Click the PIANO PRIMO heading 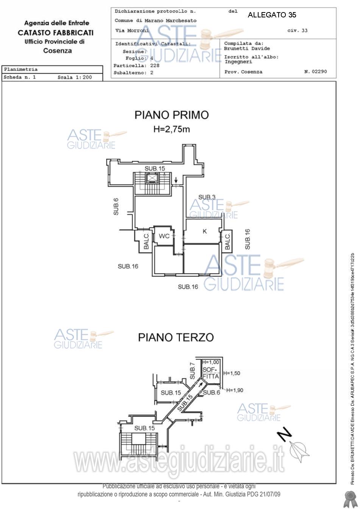171,115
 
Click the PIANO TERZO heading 176,337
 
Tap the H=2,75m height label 171,129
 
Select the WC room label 164,236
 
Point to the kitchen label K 205,231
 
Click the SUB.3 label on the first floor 207,197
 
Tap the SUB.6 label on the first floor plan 116,207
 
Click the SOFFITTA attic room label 210,373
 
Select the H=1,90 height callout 235,390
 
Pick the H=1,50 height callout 232,373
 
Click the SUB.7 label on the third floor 192,371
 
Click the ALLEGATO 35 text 272,15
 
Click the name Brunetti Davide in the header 247,48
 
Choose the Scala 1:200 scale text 75,77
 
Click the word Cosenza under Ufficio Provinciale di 58,51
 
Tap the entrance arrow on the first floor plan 176,179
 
